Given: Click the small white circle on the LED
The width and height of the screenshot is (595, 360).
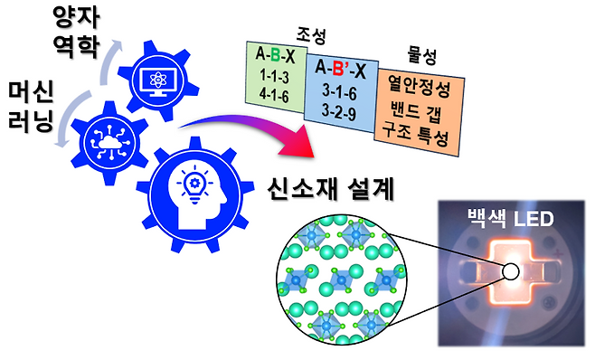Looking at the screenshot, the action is [x=512, y=271].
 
